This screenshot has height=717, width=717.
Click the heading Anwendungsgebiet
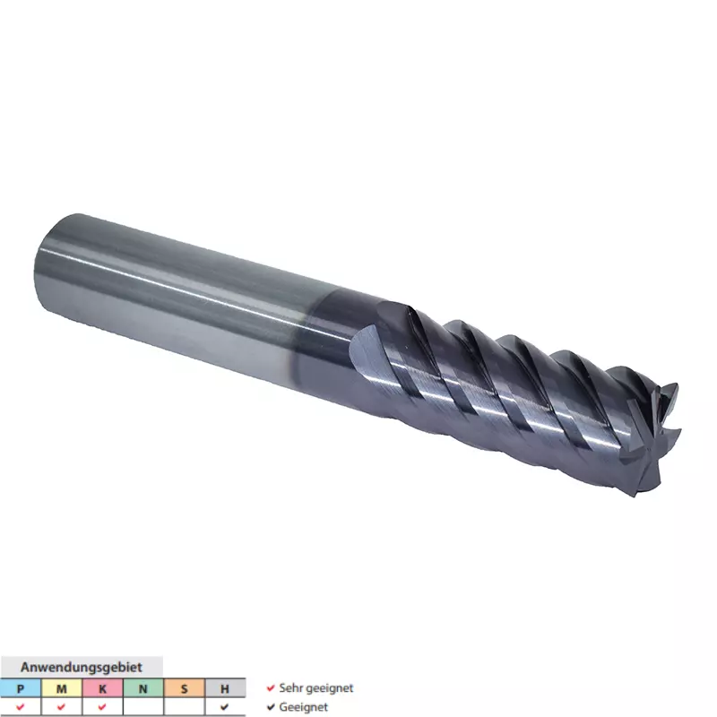[82, 667]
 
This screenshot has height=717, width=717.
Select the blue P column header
[21, 688]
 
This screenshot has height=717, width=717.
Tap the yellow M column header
[62, 688]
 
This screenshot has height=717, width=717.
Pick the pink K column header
[102, 688]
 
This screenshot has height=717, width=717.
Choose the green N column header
[143, 688]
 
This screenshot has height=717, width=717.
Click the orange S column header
[185, 688]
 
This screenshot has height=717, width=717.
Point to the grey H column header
[225, 688]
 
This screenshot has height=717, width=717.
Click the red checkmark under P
[20, 707]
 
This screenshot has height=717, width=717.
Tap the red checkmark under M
[61, 707]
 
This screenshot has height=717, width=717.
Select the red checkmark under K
[102, 707]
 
